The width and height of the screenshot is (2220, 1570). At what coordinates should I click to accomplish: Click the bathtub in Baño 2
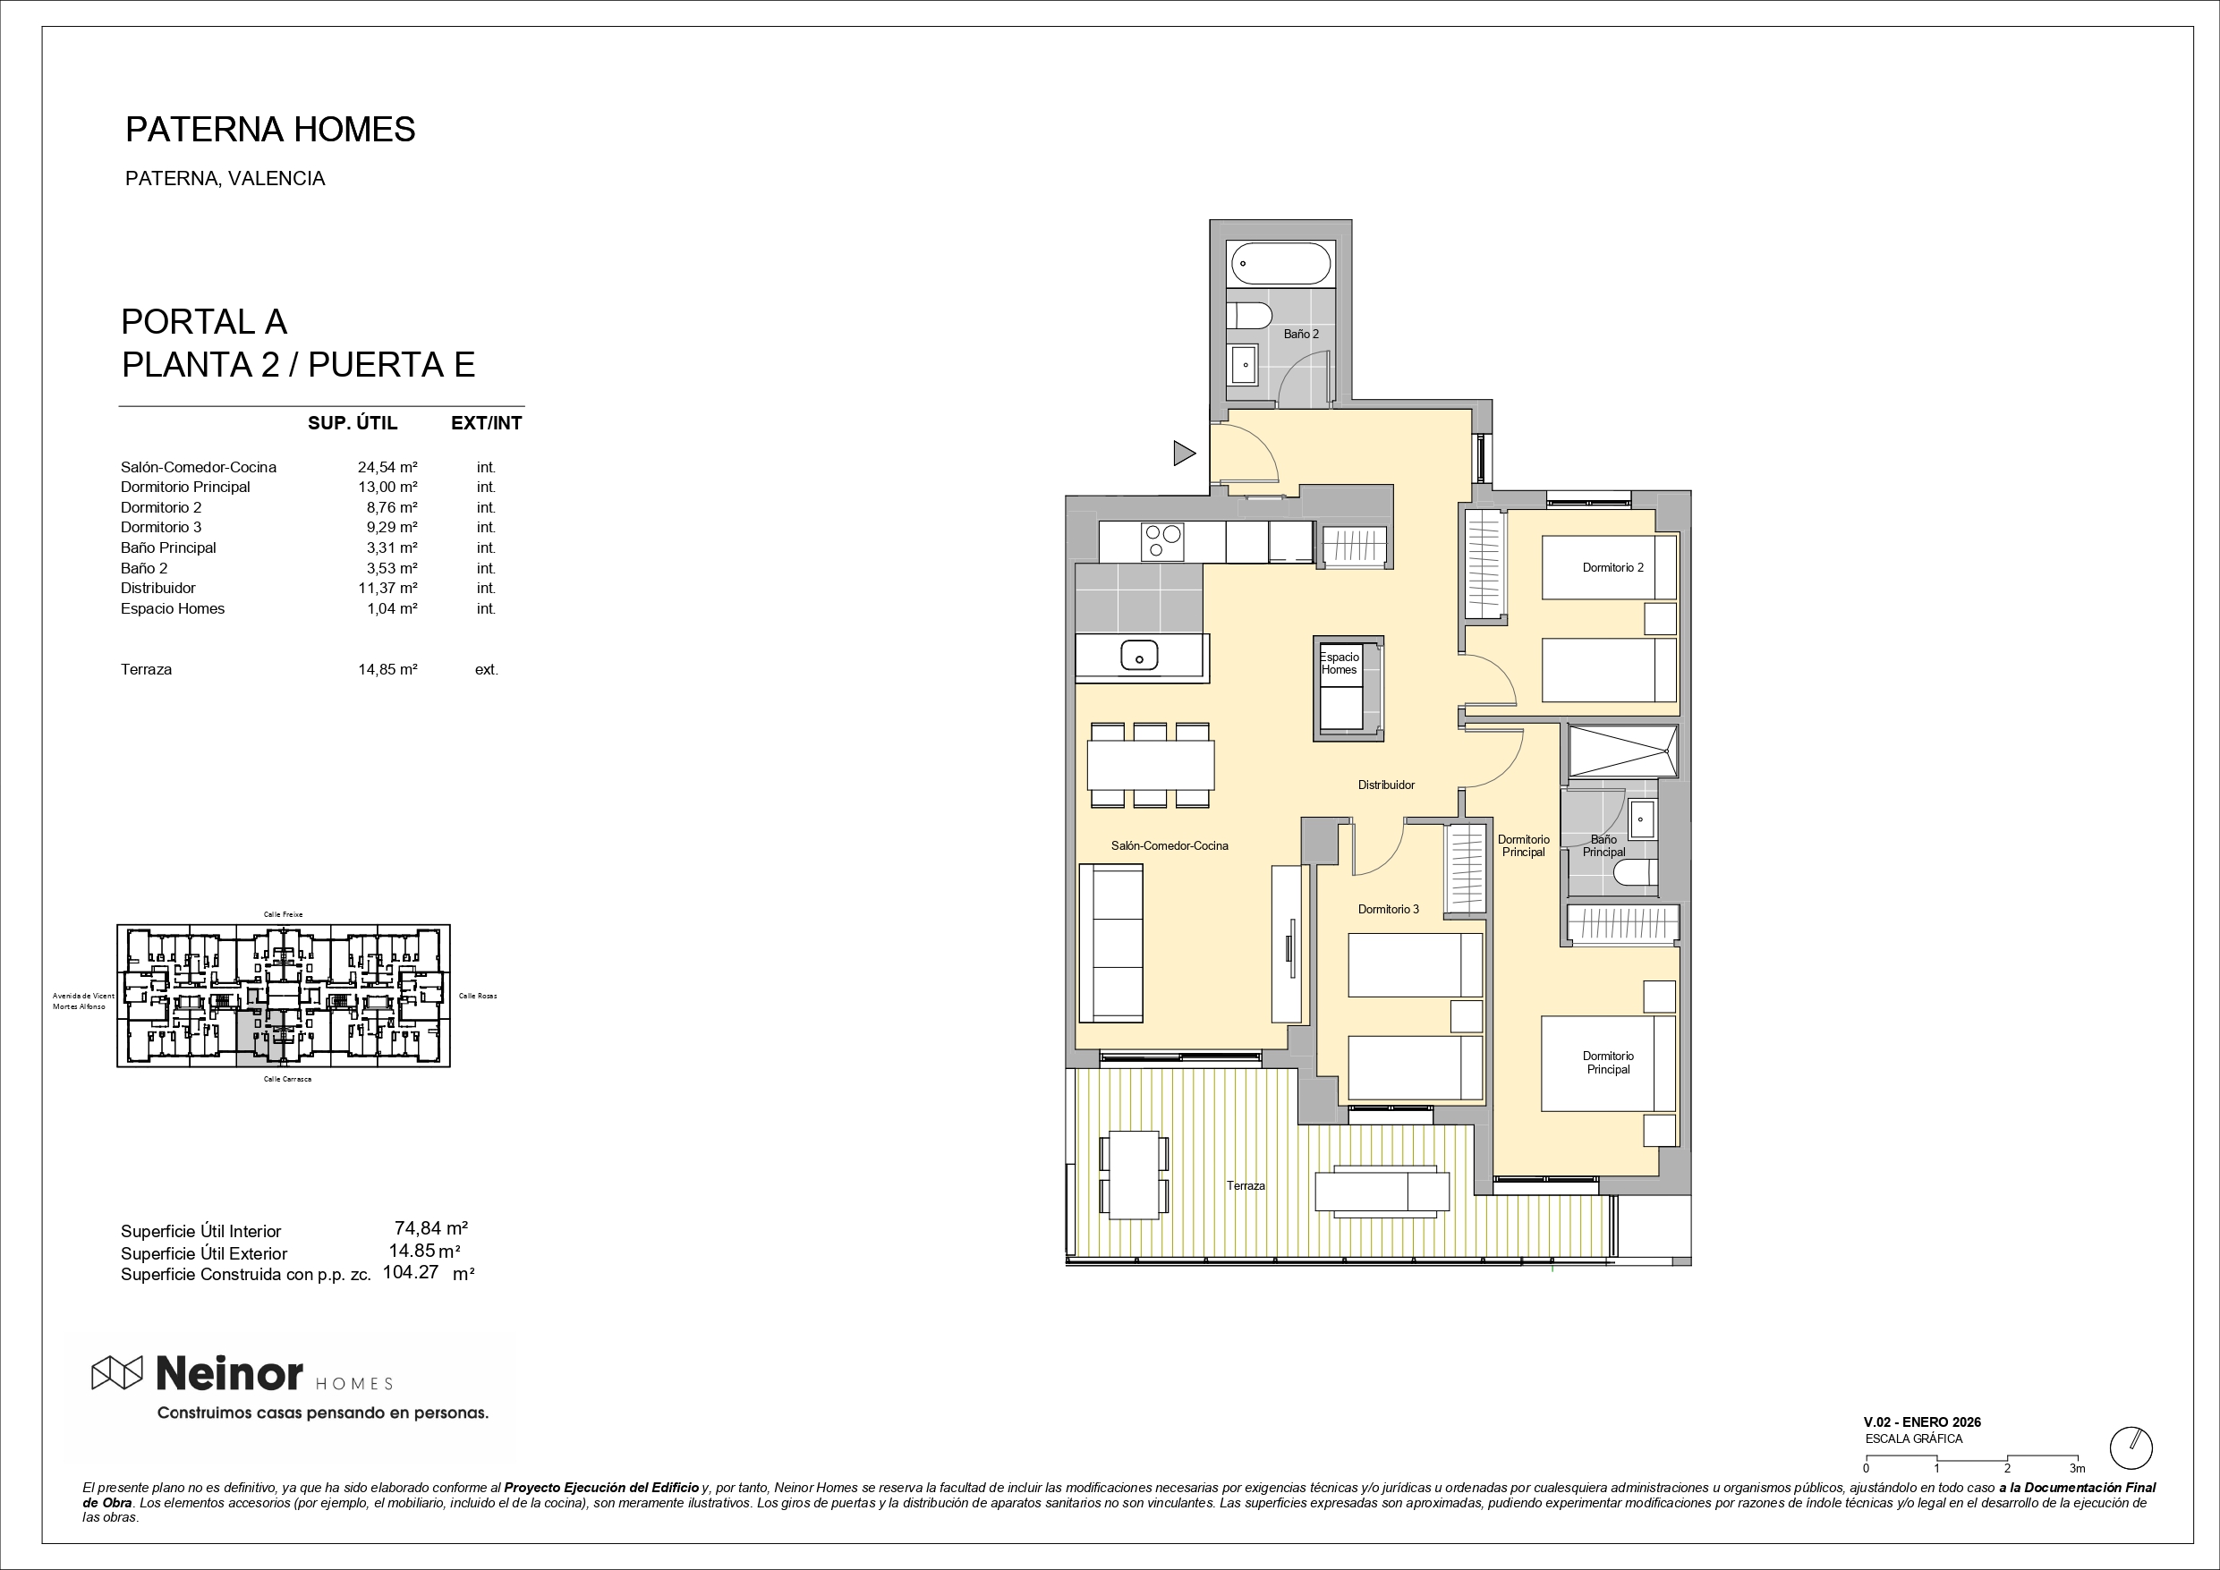pos(1281,263)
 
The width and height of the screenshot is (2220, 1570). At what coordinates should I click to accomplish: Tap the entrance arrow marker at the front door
pos(1185,453)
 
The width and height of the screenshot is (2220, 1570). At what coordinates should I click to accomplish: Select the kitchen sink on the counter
pos(1139,656)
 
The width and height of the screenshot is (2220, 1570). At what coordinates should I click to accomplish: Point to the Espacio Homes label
pos(1340,663)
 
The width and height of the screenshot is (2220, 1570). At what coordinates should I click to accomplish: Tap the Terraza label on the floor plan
pos(1246,1185)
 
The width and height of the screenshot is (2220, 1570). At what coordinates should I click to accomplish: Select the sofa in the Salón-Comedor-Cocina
pos(1111,943)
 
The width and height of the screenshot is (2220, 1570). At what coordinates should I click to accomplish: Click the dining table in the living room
pos(1151,766)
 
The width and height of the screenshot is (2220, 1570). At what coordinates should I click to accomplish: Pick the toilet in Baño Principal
pos(1636,873)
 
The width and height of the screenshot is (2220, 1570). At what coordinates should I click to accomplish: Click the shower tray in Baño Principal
pos(1623,751)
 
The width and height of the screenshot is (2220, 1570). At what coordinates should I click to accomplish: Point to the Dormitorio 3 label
pos(1389,909)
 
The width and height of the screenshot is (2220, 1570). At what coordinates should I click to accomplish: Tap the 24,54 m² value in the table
pos(387,467)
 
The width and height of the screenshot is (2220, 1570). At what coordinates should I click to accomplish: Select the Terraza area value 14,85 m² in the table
pos(387,669)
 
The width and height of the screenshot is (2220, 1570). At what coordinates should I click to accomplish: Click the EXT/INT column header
pos(487,422)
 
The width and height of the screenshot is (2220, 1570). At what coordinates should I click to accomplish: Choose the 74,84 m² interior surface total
pos(431,1227)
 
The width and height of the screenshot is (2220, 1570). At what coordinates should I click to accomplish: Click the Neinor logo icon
pos(117,1373)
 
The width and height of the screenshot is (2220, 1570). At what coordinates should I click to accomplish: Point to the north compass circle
pos(2131,1448)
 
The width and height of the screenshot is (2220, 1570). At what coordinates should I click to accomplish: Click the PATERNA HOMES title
pos(271,130)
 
